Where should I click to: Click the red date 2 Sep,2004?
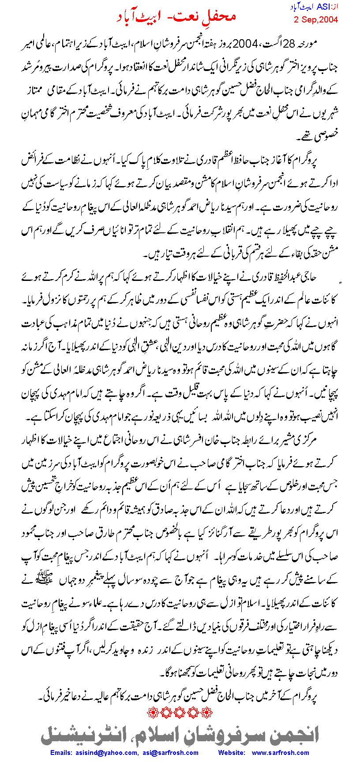(x=316, y=19)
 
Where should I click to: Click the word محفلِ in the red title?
(x=217, y=16)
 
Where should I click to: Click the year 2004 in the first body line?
(x=245, y=45)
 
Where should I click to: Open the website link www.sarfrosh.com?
(x=280, y=753)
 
